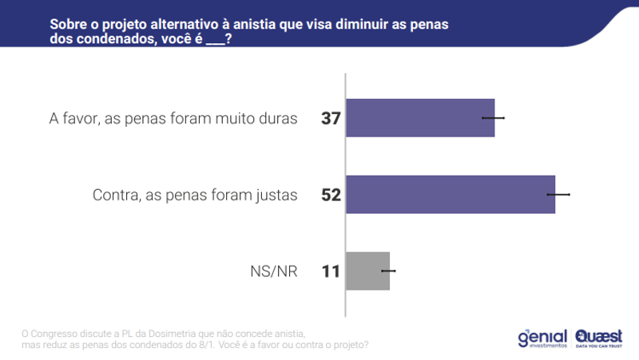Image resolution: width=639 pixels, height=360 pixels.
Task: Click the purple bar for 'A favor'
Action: tap(419, 118)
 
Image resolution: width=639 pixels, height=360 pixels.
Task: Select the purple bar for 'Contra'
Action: tap(450, 194)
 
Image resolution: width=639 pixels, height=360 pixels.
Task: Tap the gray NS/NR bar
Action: tap(367, 271)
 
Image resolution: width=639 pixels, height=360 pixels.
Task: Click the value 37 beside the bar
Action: tap(331, 119)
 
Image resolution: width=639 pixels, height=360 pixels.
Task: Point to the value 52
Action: tap(331, 195)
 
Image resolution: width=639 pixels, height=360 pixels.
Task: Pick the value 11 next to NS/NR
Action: tap(331, 271)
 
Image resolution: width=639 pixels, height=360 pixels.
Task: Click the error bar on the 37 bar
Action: tap(494, 118)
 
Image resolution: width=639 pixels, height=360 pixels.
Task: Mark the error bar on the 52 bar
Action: tap(558, 194)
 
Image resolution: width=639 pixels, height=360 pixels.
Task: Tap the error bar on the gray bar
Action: tap(389, 271)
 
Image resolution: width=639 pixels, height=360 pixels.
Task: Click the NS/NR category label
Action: tap(273, 271)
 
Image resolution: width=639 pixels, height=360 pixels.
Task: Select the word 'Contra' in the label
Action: tap(115, 195)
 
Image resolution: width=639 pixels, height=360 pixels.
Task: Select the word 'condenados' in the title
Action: tap(113, 38)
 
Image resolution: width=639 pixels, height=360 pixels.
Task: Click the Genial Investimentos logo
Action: tap(542, 338)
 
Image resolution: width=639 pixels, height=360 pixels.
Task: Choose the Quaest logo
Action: tap(599, 338)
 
